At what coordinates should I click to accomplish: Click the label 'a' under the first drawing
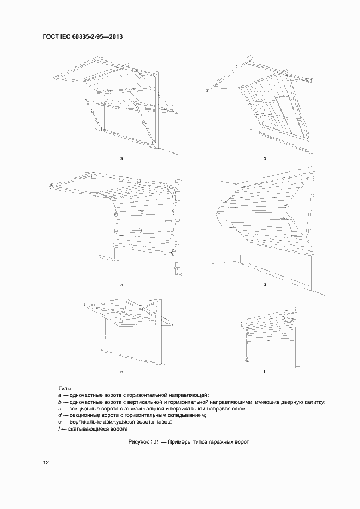pyautogui.click(x=121, y=158)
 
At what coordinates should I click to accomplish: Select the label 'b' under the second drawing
pyautogui.click(x=264, y=158)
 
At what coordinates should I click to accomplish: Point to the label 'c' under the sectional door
pyautogui.click(x=121, y=285)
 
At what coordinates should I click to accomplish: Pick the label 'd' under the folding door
pyautogui.click(x=264, y=285)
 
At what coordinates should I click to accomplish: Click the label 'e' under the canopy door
pyautogui.click(x=121, y=372)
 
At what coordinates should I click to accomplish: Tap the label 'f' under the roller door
pyautogui.click(x=264, y=372)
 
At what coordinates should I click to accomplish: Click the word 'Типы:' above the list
pyautogui.click(x=65, y=388)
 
